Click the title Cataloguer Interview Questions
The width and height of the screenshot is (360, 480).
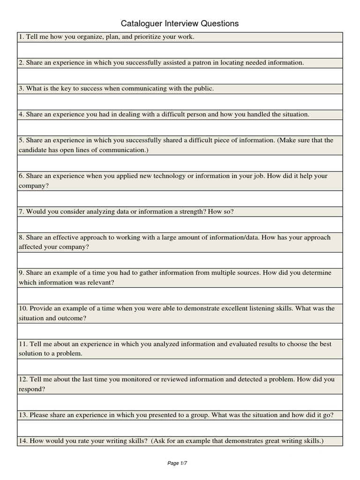180,23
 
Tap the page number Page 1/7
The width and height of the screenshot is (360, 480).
177,463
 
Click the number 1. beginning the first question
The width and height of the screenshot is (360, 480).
22,37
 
